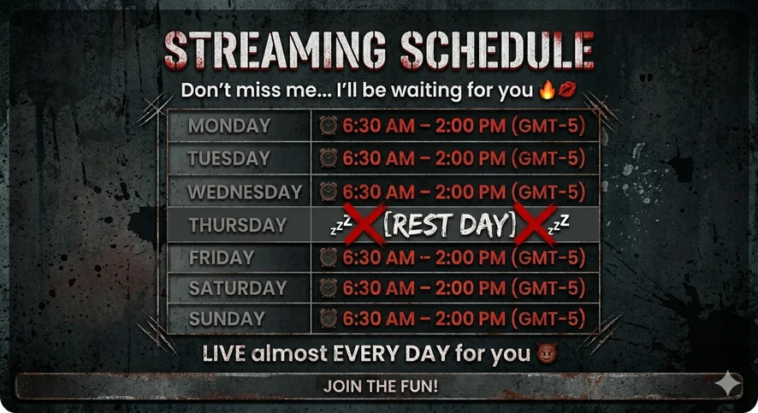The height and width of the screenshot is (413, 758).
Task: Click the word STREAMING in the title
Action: [275, 50]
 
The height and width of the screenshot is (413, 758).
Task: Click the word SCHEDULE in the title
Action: [497, 50]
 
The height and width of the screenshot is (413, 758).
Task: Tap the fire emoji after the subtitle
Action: [548, 91]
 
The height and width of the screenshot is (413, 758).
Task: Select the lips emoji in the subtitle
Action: [567, 90]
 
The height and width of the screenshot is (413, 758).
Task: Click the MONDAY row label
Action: [229, 126]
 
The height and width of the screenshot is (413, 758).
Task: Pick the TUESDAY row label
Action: [228, 158]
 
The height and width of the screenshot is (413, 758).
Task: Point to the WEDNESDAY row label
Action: [245, 192]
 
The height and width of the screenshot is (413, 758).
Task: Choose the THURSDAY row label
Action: [237, 225]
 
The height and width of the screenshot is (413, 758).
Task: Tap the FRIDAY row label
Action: [222, 258]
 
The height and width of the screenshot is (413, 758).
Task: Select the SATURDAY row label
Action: [238, 288]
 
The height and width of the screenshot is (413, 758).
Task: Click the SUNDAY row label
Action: [227, 319]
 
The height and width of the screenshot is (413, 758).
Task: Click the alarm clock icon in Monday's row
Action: [329, 126]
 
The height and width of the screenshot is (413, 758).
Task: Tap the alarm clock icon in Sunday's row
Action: [329, 318]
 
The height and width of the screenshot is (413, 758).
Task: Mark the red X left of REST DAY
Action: [365, 224]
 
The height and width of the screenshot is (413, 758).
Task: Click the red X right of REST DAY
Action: [535, 224]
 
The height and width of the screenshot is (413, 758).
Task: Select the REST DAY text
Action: [450, 225]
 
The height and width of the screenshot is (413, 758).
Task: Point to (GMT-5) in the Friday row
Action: [548, 257]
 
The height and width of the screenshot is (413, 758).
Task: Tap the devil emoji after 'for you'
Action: [547, 353]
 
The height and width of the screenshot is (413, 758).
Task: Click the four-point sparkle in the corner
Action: [728, 384]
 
